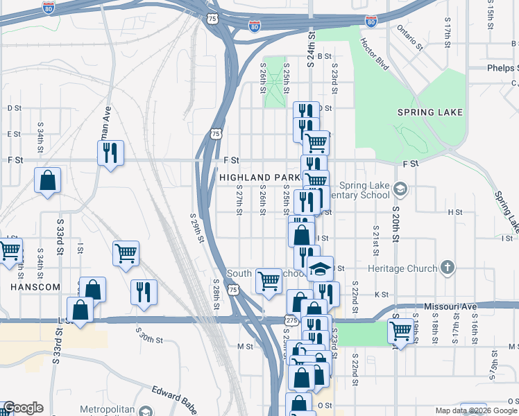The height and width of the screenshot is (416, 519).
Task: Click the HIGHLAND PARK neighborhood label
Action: tap(259, 178)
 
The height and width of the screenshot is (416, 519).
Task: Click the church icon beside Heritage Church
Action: tap(448, 268)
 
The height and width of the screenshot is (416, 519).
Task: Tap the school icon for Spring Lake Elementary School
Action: tap(400, 189)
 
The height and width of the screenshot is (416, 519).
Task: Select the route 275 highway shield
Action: tap(291, 320)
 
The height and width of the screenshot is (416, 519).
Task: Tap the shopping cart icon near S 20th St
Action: tap(400, 331)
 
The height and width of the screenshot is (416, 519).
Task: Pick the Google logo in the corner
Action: tap(23, 408)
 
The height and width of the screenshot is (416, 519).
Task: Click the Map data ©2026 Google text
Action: tap(475, 410)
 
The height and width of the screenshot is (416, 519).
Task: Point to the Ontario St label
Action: tap(410, 39)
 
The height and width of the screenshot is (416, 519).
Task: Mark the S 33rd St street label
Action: tap(60, 236)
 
